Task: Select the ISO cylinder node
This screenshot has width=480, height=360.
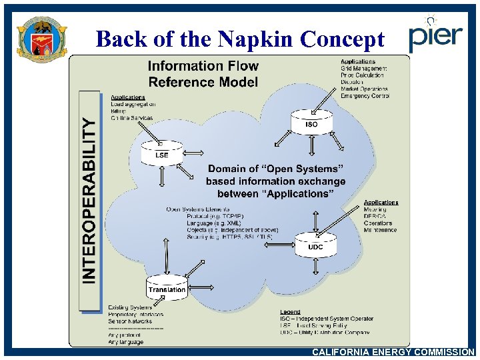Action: pyautogui.click(x=311, y=121)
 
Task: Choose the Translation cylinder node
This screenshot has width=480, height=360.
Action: pyautogui.click(x=167, y=287)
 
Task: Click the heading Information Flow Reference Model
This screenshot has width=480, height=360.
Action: pyautogui.click(x=203, y=73)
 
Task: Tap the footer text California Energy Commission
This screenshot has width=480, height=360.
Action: pyautogui.click(x=393, y=352)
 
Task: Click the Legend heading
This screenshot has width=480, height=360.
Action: pyautogui.click(x=290, y=312)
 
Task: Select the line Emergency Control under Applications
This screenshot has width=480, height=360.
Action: pyautogui.click(x=365, y=96)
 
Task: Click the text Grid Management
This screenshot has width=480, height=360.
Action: pyautogui.click(x=364, y=69)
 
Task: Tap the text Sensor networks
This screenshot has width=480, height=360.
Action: pyautogui.click(x=131, y=321)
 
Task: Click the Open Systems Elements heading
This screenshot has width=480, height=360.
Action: pyautogui.click(x=198, y=209)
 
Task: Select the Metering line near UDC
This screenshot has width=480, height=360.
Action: pyautogui.click(x=375, y=210)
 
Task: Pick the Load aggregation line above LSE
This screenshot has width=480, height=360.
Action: pyautogui.click(x=133, y=105)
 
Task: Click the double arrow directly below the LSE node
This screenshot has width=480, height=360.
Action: pyautogui.click(x=161, y=177)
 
